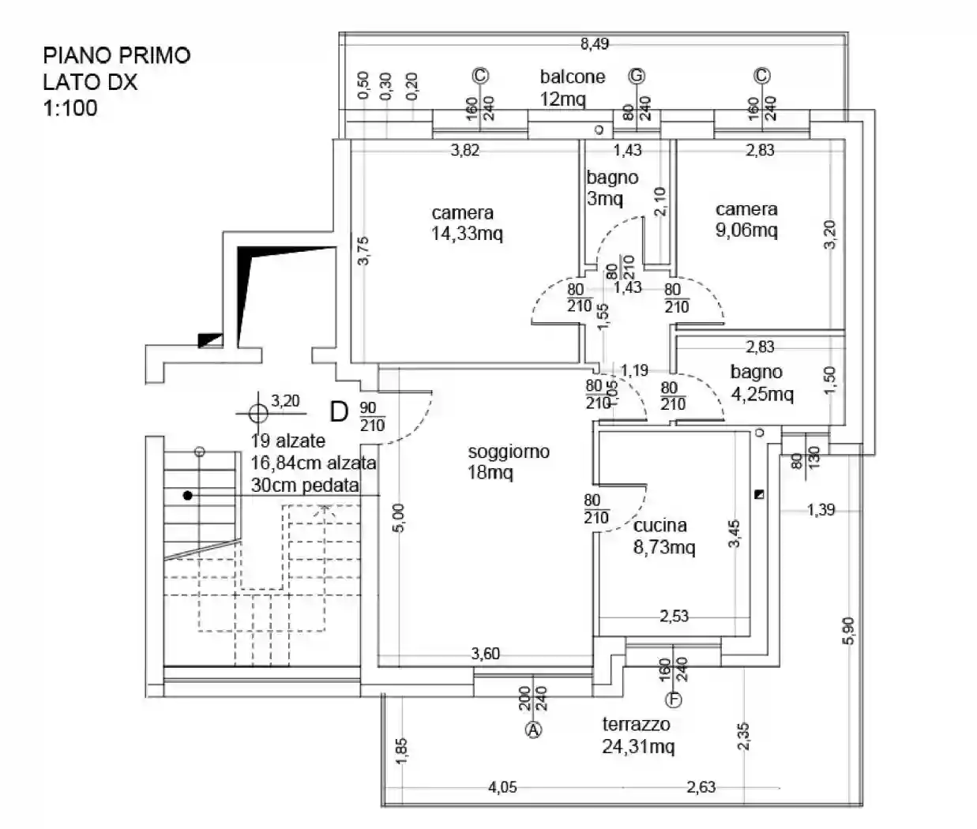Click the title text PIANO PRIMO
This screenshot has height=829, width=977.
pos(116,55)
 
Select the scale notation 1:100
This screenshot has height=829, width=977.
pos(70,107)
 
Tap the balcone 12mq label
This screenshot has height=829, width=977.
pos(572,88)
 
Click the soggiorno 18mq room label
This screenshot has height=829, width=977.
pos(508,462)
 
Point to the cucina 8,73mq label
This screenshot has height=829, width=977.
pos(663,536)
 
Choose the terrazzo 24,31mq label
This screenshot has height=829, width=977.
pos(637,735)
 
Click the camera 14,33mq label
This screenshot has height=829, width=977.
pos(466,223)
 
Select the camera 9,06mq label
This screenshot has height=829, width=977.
pos(746,219)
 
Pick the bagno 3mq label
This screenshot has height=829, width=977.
pos(611,188)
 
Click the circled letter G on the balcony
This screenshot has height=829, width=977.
pos(637,76)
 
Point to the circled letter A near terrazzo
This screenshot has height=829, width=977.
pos(534,730)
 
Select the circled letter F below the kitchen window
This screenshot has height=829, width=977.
pos(674,700)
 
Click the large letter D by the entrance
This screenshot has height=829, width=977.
pos(339,411)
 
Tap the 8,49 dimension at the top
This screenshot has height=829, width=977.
pos(595,44)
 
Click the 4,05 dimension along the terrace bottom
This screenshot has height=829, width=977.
pos(502,786)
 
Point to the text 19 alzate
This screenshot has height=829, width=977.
pos(288,441)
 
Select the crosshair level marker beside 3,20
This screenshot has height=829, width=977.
pos(258,412)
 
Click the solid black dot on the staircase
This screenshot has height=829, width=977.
pos(187,496)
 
